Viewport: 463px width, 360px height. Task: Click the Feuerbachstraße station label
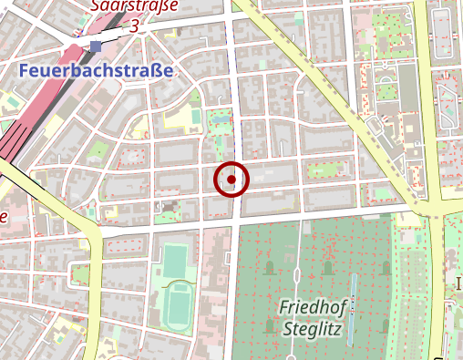coord(97,69)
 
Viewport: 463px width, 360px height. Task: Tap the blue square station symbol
coord(96,46)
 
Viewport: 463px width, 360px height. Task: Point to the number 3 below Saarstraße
coord(134,26)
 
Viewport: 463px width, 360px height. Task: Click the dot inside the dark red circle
coord(231,180)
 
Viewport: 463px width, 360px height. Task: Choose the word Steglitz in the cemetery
coord(313,329)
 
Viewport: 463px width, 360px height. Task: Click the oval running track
coord(179,304)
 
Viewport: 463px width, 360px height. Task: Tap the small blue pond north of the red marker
coord(219,118)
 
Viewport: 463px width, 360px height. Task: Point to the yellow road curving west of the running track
coord(95,273)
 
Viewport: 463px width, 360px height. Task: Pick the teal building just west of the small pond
coord(193,117)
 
